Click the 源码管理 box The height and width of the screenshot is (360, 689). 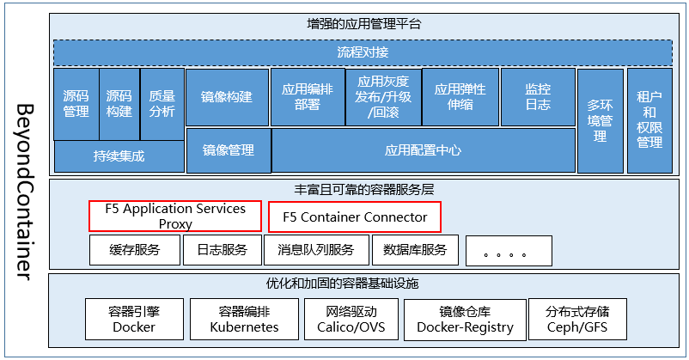pos(76,104)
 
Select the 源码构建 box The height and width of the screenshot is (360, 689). pos(119,104)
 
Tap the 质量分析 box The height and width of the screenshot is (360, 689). pos(162,104)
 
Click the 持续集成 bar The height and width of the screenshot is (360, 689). pos(119,156)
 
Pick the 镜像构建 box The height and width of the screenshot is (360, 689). pos(227,97)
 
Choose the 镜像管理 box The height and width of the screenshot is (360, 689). pos(228,150)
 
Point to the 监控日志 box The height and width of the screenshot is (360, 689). pos(538,97)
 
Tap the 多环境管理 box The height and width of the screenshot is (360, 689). pos(600,120)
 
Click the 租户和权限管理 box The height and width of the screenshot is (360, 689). pos(649,120)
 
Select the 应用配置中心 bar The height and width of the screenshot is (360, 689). pos(423,150)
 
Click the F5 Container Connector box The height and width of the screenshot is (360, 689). pos(354,217)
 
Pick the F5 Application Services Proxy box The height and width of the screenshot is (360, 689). pos(175,217)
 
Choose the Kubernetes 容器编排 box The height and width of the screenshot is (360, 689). pos(244,318)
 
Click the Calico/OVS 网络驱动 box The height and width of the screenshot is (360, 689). pos(351,318)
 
